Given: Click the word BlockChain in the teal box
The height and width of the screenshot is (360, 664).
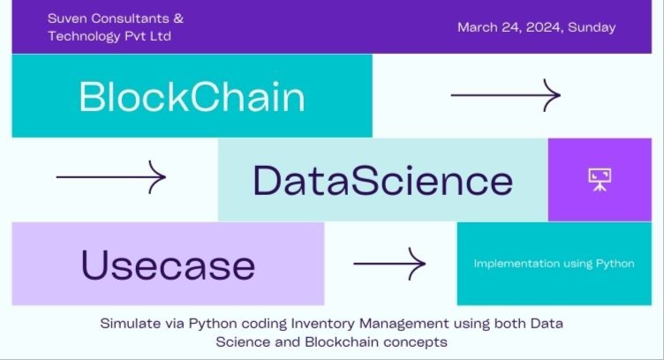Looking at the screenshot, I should (192, 97).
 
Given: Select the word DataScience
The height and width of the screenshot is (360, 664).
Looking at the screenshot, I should (382, 180).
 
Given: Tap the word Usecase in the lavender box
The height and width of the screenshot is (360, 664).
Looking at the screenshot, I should (168, 265).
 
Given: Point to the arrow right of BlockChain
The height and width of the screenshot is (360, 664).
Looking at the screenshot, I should (505, 94).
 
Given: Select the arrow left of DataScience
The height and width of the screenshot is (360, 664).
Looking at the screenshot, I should (110, 177).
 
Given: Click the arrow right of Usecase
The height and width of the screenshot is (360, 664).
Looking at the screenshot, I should (389, 263).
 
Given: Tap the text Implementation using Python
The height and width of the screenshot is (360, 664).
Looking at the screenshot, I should (554, 264).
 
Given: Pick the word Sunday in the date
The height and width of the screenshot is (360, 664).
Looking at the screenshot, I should (592, 27).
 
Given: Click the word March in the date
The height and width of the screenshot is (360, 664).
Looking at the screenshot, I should (477, 27).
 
